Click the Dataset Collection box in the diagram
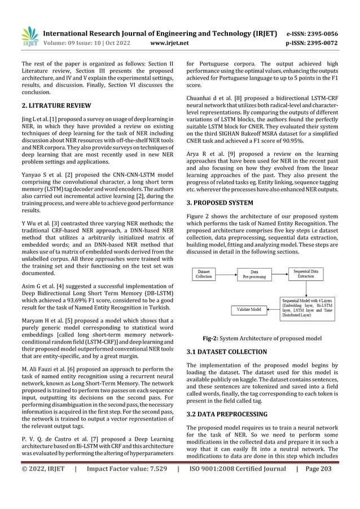point(204,274)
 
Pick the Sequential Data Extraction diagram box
point(309,274)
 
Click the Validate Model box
point(249,309)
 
